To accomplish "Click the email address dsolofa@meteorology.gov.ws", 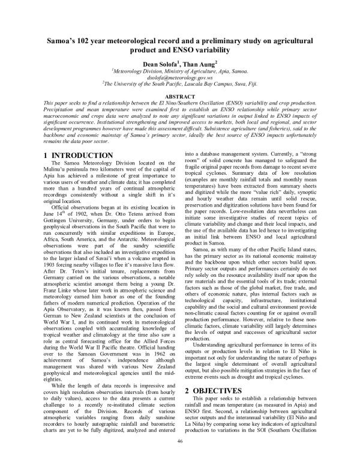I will [179, 77].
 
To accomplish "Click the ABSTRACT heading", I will [179, 97].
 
